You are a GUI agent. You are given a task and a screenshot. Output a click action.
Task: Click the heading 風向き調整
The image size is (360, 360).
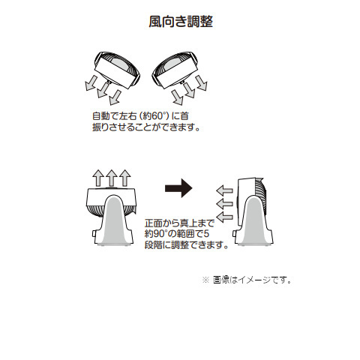click(x=181, y=22)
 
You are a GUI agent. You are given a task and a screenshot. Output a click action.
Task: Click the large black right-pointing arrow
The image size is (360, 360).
click(x=178, y=188)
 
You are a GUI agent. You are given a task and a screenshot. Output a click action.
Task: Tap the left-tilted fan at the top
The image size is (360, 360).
click(x=117, y=70)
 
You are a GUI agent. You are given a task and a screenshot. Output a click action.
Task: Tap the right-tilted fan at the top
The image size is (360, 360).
click(x=175, y=70)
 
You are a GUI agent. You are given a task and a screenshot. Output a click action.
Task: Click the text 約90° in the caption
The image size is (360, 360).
click(x=155, y=234)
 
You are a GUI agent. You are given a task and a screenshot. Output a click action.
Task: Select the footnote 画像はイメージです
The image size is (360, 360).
click(x=252, y=280)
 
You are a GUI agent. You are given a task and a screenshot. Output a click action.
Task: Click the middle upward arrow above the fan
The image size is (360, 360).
click(x=112, y=178)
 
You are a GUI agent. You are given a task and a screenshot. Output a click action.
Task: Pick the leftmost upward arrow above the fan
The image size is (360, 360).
click(x=98, y=178)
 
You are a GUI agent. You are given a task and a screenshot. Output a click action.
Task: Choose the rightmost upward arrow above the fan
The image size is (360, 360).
click(x=124, y=178)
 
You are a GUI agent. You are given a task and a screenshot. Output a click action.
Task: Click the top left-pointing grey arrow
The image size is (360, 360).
click(x=224, y=191)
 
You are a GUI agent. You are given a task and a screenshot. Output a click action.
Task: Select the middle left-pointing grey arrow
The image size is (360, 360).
click(x=224, y=204)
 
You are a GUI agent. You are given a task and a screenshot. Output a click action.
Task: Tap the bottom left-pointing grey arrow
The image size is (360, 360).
click(x=224, y=217)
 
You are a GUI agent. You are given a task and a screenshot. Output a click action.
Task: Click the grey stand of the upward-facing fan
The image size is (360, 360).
click(x=115, y=220)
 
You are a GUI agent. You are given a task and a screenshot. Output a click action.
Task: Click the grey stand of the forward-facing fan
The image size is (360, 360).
click(x=254, y=220)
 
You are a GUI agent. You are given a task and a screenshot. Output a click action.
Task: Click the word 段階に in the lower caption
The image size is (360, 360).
click(x=158, y=244)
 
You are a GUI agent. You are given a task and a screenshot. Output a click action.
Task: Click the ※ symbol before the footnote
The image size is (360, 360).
click(x=205, y=280)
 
